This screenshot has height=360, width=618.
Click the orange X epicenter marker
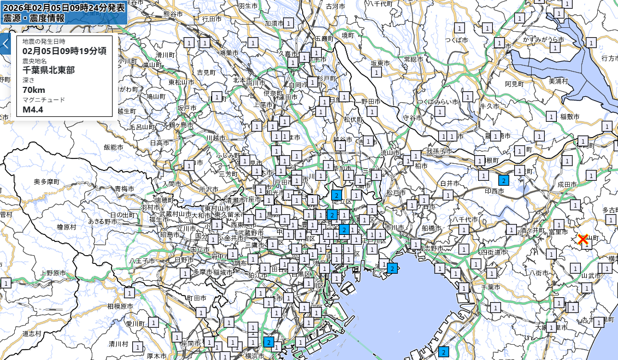[x=582, y=239]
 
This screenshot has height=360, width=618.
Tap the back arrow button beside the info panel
[x=5, y=44]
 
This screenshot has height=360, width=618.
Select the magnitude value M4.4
[x=33, y=109]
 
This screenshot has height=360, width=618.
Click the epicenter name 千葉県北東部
[x=49, y=70]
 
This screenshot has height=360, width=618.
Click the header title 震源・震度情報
[x=34, y=18]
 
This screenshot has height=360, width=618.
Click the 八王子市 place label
[x=143, y=261]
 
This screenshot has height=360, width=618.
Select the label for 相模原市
[x=120, y=306]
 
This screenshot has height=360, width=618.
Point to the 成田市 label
[x=567, y=185]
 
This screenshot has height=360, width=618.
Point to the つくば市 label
[x=456, y=40]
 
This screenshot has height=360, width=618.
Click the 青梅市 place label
[x=123, y=188]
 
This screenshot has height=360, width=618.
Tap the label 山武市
[x=591, y=276]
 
